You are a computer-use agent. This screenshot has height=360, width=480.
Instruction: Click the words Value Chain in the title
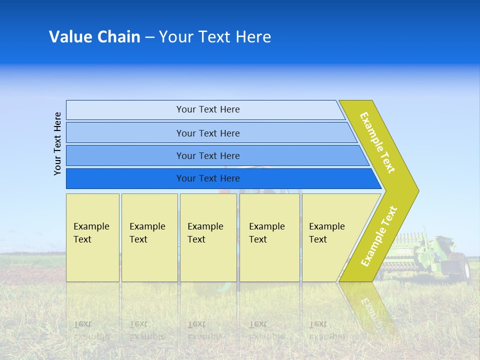(94, 37)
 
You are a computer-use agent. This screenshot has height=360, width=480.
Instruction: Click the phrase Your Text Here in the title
(215, 37)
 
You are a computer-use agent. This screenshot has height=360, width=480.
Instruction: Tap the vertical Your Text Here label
(58, 143)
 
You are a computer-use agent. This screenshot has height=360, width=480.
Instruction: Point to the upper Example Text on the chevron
(377, 143)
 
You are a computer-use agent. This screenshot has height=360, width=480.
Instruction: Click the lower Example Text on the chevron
(379, 236)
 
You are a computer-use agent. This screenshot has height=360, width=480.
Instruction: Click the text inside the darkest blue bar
(208, 178)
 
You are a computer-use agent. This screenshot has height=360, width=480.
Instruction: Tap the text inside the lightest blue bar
(208, 109)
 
